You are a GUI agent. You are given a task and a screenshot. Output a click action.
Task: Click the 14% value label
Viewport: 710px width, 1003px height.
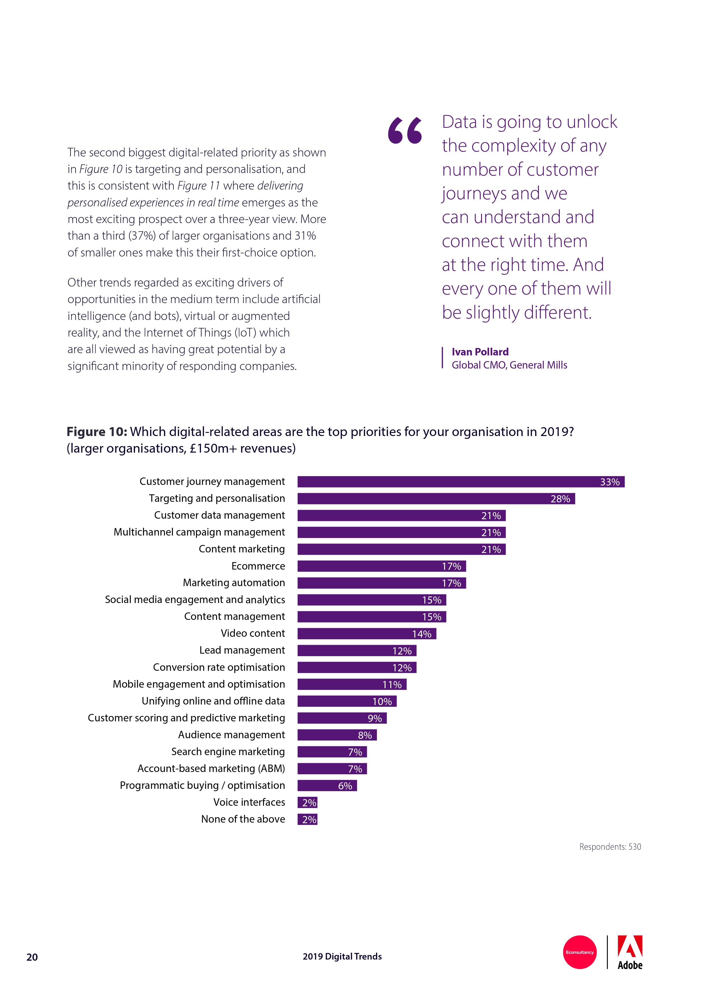(x=422, y=634)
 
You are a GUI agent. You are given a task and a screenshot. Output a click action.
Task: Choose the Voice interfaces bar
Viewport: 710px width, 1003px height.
(x=307, y=803)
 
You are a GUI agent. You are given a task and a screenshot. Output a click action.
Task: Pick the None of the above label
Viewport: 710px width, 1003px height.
(x=243, y=819)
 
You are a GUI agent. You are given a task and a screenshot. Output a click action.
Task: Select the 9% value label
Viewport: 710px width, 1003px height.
(x=375, y=718)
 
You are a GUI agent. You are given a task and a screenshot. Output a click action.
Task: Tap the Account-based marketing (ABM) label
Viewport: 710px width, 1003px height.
(x=211, y=769)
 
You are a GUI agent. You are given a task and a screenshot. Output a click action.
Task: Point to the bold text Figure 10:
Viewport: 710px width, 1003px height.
(x=97, y=432)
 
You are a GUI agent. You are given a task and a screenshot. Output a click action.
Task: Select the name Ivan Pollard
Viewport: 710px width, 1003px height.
(x=480, y=352)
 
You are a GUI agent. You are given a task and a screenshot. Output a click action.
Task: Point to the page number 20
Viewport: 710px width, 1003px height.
(x=32, y=957)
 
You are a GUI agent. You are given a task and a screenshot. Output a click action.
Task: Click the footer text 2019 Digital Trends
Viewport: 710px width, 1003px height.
(x=342, y=956)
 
